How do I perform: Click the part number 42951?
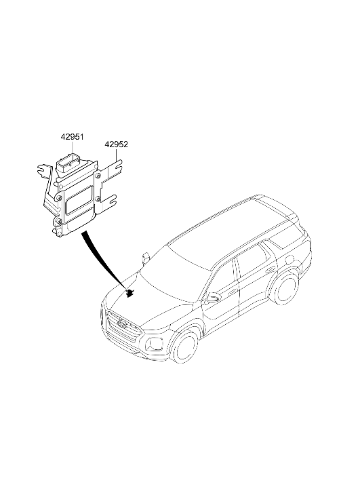pyautogui.click(x=73, y=137)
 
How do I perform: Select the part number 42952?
pyautogui.click(x=117, y=144)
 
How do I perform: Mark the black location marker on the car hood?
pyautogui.click(x=129, y=294)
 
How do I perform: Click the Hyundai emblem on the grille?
pyautogui.click(x=121, y=323)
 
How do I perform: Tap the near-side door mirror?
pyautogui.click(x=212, y=297)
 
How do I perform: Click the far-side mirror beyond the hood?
pyautogui.click(x=146, y=257)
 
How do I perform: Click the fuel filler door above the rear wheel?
pyautogui.click(x=288, y=260)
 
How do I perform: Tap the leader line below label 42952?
pyautogui.click(x=117, y=155)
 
